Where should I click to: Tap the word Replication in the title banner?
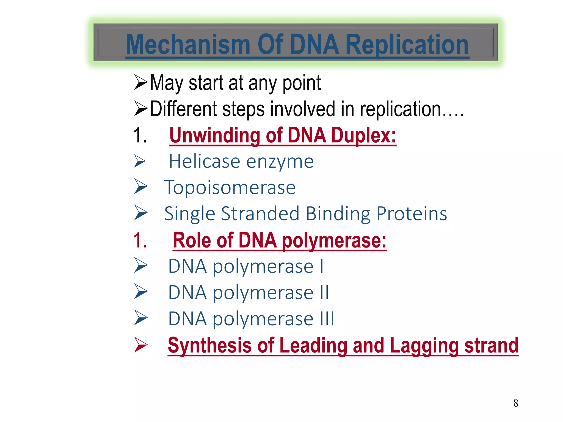pyautogui.click(x=407, y=45)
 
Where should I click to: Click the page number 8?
pyautogui.click(x=516, y=403)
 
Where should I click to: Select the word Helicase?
pyautogui.click(x=204, y=161)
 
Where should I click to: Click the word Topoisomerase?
pyautogui.click(x=230, y=188)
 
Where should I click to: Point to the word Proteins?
pyautogui.click(x=412, y=214)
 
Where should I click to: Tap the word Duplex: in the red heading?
pyautogui.click(x=363, y=135)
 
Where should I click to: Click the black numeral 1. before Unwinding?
pyautogui.click(x=140, y=135)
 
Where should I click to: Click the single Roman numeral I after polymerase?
pyautogui.click(x=322, y=266)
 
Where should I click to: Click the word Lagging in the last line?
pyautogui.click(x=424, y=345)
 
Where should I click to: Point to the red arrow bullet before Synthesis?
pyautogui.click(x=141, y=345)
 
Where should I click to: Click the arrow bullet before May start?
pyautogui.click(x=141, y=82)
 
